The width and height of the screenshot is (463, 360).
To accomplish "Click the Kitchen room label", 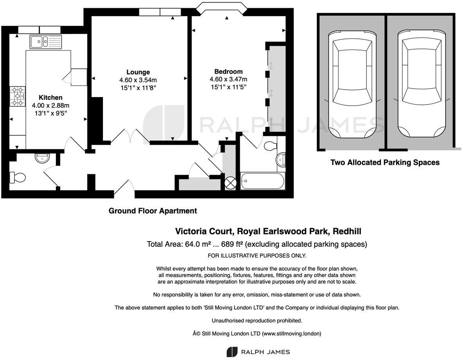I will tap(50, 97).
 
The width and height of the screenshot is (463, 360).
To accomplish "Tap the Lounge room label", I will tap(138, 72).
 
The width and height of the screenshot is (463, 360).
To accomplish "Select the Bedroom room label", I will tap(228, 71).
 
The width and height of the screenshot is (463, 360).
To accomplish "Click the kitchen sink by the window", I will tap(45, 41).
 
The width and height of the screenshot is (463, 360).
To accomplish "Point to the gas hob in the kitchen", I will tap(18, 96).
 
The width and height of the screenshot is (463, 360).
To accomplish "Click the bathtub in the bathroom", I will tap(262, 181).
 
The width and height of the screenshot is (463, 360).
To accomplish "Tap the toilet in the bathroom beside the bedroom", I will tap(270, 146).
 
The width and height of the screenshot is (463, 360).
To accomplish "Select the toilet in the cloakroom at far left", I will tap(18, 177).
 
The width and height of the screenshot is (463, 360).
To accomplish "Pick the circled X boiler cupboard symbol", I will tap(231, 182).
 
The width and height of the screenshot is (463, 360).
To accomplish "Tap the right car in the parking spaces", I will tap(421, 84).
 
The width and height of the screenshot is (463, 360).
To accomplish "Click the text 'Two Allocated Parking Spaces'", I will tap(385, 162).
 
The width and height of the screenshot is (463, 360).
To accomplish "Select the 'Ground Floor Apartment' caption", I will tap(153, 211).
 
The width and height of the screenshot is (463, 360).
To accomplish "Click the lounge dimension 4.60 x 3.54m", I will tap(138, 80).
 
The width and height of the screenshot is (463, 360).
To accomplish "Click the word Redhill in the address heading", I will tap(346, 231).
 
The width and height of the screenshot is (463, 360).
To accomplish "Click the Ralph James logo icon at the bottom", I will tap(232, 352).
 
